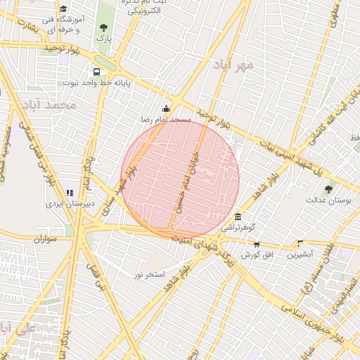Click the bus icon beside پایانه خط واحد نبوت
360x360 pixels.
pos(96,72)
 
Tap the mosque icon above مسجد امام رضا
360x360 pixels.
pos(167,108)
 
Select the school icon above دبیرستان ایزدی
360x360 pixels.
pos(70,192)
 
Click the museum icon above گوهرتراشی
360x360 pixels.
pos(239,217)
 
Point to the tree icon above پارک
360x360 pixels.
pos(104,27)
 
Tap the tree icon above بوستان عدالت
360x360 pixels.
pos(329,188)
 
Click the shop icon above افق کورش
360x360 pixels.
pos(256,244)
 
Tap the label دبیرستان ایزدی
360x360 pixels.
pos(65,203)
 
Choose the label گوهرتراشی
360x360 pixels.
pos(239,228)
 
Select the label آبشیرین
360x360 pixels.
pos(301,255)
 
